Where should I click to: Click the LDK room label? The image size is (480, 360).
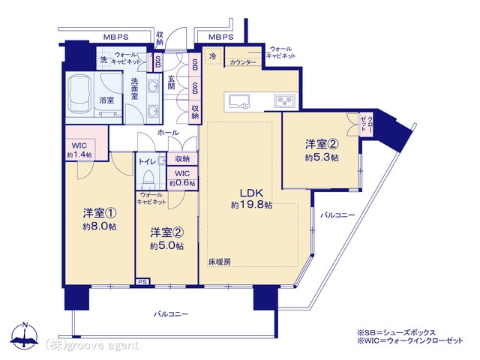pyautogui.click(x=251, y=193)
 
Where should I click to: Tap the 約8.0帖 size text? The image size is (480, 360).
pyautogui.click(x=100, y=226)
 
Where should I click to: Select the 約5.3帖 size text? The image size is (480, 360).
pyautogui.click(x=322, y=157)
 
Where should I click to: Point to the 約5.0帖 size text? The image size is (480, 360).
pyautogui.click(x=166, y=246)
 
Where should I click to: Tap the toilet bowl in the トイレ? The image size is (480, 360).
pyautogui.click(x=149, y=178)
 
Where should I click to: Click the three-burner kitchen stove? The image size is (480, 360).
pyautogui.click(x=285, y=100)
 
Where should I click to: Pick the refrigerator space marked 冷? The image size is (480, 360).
pyautogui.click(x=212, y=55)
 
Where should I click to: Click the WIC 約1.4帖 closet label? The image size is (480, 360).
pyautogui.click(x=79, y=150)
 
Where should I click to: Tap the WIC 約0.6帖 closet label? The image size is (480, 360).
pyautogui.click(x=182, y=178)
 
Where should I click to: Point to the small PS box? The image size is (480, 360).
pyautogui.click(x=142, y=282)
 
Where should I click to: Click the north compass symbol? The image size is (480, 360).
pyautogui.click(x=25, y=335)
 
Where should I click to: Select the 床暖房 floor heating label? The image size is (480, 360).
pyautogui.click(x=220, y=262)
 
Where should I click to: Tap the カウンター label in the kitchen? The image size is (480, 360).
pyautogui.click(x=243, y=62)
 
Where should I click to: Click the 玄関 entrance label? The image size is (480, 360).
pyautogui.click(x=171, y=82)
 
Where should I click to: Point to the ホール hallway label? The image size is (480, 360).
pyautogui.click(x=168, y=133)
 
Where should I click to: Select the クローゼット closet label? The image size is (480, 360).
pyautogui.click(x=367, y=124)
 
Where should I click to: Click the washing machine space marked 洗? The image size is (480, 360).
pyautogui.click(x=104, y=59)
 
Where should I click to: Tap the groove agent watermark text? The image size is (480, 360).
pyautogui.click(x=91, y=345)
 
